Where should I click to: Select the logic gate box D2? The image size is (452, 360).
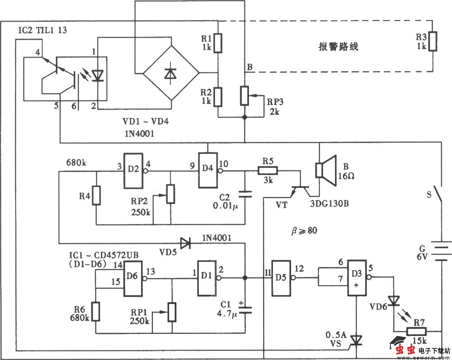point(131,170)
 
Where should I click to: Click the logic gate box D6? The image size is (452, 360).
point(133,278)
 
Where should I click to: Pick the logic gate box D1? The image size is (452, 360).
point(206,278)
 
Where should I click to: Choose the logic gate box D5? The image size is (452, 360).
point(281,278)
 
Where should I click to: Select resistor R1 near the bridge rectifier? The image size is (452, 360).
point(218,42)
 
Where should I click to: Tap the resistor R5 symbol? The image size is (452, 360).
point(268,170)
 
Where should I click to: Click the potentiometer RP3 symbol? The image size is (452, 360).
point(245,95)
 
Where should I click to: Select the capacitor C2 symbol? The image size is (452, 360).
point(245,195)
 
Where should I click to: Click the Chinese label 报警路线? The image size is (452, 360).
point(338,47)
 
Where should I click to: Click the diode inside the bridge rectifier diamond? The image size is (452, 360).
point(170,73)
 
